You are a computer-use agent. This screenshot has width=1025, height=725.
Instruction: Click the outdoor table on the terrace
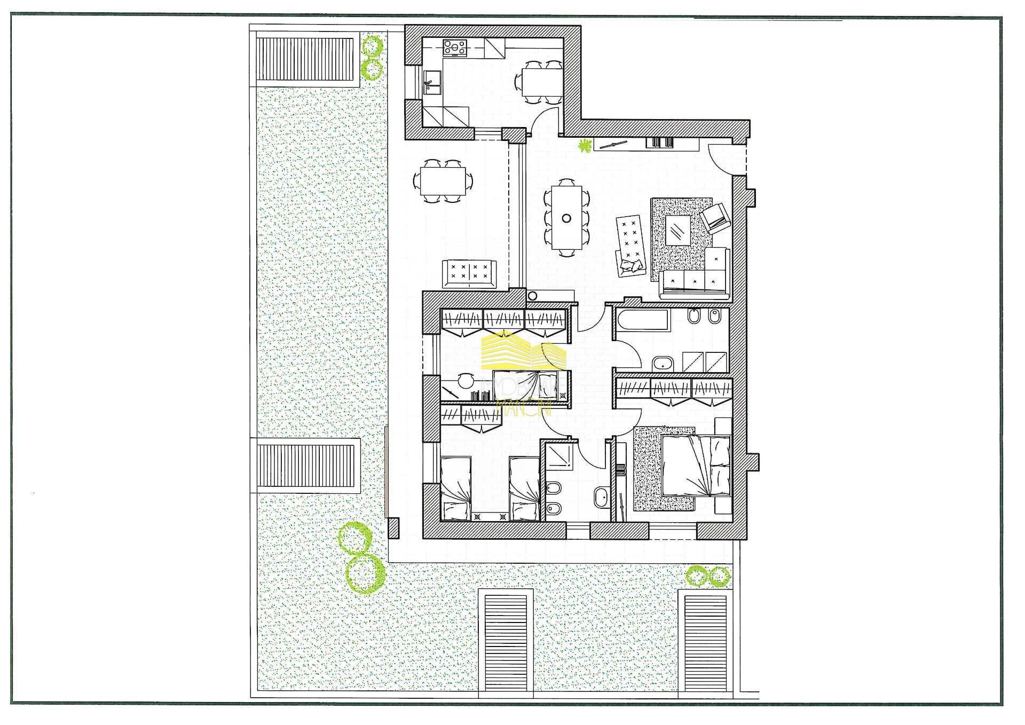443,182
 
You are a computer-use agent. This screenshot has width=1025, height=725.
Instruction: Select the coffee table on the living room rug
677,230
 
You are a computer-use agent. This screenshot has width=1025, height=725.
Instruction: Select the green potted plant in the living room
586,145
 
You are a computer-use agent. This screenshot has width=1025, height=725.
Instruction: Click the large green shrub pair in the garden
361,558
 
